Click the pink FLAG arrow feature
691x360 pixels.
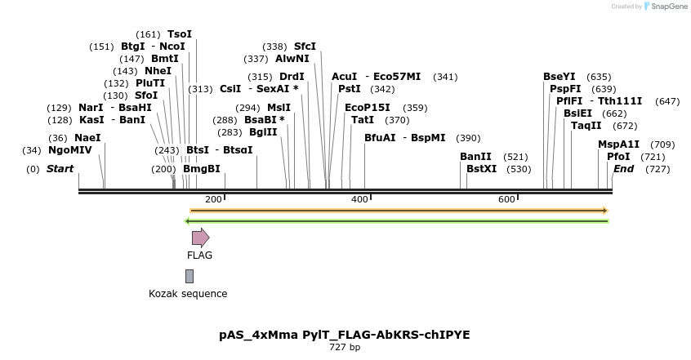pos(200,238)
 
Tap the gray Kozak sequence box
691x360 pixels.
pos(189,276)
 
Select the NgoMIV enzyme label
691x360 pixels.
pos(70,150)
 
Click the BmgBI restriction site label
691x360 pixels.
pos(202,169)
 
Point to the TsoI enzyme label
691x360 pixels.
pos(180,34)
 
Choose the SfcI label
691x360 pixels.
pos(305,47)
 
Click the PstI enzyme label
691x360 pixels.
pos(350,89)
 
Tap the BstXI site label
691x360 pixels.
pos(482,169)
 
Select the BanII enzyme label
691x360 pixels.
pos(475,156)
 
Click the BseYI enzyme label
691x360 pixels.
pos(559,77)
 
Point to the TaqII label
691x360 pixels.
pos(586,126)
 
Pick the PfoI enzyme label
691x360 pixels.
pos(618,156)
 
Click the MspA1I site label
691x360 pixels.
pos(619,144)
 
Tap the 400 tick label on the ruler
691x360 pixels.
pos(359,200)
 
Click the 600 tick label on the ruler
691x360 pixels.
pos(506,200)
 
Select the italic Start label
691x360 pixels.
pos(60,169)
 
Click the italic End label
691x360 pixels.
pos(623,169)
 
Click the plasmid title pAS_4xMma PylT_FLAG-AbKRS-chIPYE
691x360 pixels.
pos(345,335)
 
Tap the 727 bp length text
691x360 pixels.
pos(345,348)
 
